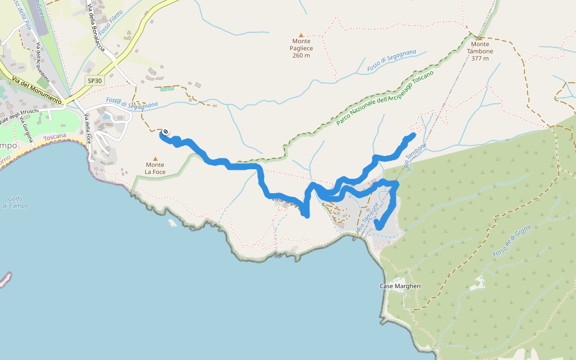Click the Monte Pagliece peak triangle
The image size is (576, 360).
[301, 35]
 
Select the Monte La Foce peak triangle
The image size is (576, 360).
[155, 159]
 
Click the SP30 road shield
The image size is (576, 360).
[95, 80]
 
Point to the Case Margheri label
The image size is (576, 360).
[400, 286]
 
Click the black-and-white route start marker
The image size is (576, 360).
[166, 132]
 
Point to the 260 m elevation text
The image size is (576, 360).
[301, 55]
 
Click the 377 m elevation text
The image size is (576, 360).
[480, 59]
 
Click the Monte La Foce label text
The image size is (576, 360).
[155, 169]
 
